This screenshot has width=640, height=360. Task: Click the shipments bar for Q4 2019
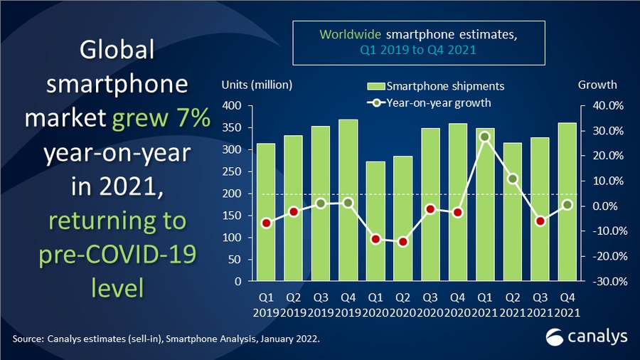point(348,200)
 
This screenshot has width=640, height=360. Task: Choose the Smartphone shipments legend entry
point(435,86)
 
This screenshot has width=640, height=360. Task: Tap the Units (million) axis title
point(257,85)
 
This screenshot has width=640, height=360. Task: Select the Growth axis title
point(597,85)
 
